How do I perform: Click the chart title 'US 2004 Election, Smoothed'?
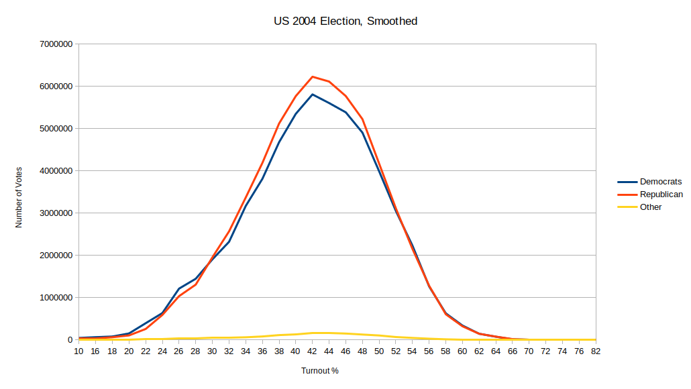pos(345,21)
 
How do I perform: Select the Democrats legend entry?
pos(660,182)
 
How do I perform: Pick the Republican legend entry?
pos(661,194)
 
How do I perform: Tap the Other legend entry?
pos(651,207)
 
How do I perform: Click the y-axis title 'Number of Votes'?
pos(19,197)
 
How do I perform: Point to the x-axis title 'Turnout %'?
pos(319,371)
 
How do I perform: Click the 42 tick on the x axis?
pos(312,351)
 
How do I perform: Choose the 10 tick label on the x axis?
pos(78,351)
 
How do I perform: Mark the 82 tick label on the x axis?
pos(595,351)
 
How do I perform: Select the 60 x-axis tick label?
pos(462,351)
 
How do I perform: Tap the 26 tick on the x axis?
pos(178,351)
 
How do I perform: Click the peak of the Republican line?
pos(312,76)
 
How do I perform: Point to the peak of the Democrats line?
pos(312,94)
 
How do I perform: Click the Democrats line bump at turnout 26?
pos(178,288)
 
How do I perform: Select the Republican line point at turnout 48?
pos(362,119)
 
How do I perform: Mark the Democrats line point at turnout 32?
pos(229,241)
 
